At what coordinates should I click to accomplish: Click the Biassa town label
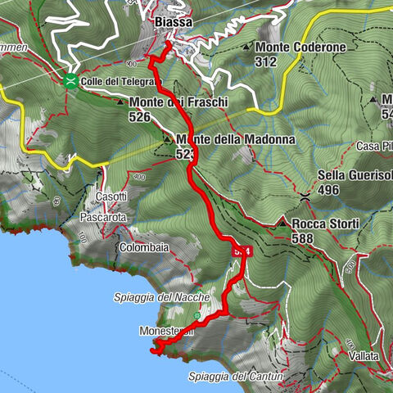coord(173,22)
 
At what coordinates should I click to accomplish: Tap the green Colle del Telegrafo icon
coord(71,80)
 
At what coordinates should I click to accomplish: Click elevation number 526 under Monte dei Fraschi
coord(141,117)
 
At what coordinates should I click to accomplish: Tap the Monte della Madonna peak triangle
coord(168,140)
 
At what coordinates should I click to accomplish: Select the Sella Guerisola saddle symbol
coord(305,197)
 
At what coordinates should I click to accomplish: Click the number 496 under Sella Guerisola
coord(332,191)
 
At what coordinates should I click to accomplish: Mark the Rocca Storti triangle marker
coord(282,224)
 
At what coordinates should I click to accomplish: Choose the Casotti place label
coord(112,196)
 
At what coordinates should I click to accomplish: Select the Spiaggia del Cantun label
coord(235,377)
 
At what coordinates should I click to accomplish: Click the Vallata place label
coord(363,356)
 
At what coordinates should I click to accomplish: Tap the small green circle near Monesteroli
coord(197,315)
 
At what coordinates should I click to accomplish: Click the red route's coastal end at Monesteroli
coord(153,350)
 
